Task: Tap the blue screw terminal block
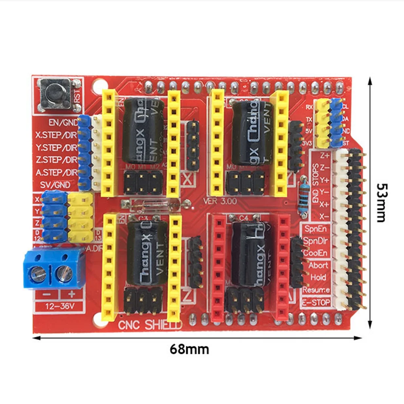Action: tap(53, 268)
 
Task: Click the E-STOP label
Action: tap(316, 302)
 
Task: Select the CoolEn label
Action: tap(316, 253)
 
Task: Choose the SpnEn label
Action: tap(316, 228)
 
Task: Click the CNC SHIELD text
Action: tap(150, 325)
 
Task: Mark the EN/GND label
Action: tap(63, 122)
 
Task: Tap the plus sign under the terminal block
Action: tap(72, 295)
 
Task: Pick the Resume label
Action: tap(316, 290)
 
